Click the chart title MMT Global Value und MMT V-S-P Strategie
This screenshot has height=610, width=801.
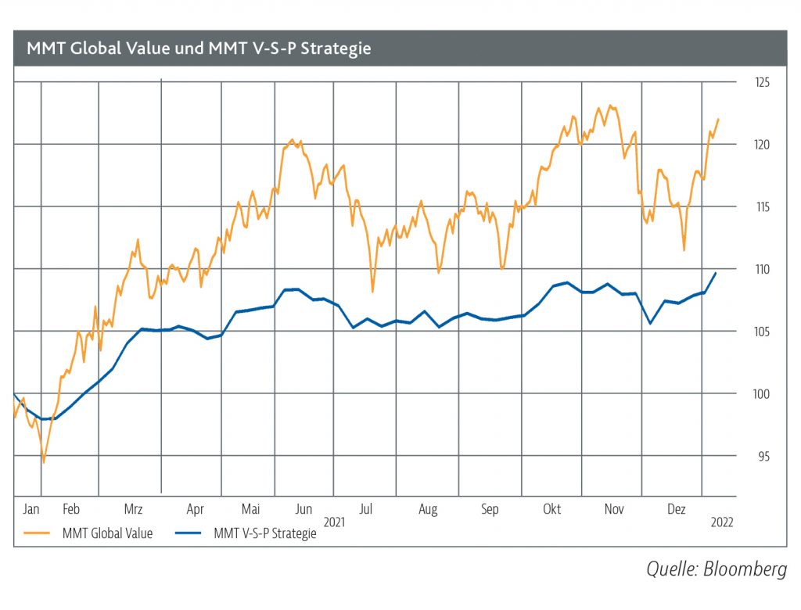point(199,48)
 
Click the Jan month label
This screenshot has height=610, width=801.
point(31,509)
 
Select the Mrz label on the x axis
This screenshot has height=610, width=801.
point(133,509)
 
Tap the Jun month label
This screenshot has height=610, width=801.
point(303,509)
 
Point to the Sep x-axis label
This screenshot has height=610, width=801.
point(490,509)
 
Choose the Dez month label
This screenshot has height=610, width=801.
point(676,509)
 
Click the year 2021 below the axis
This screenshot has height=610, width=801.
point(334,521)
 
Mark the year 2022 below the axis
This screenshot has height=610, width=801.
point(721,521)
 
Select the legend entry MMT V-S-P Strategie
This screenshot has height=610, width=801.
point(264,535)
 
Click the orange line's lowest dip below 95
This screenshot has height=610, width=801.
point(43,462)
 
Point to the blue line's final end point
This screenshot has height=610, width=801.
point(716,272)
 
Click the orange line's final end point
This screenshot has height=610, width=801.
point(718,119)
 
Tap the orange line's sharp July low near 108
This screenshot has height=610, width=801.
point(372,292)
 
